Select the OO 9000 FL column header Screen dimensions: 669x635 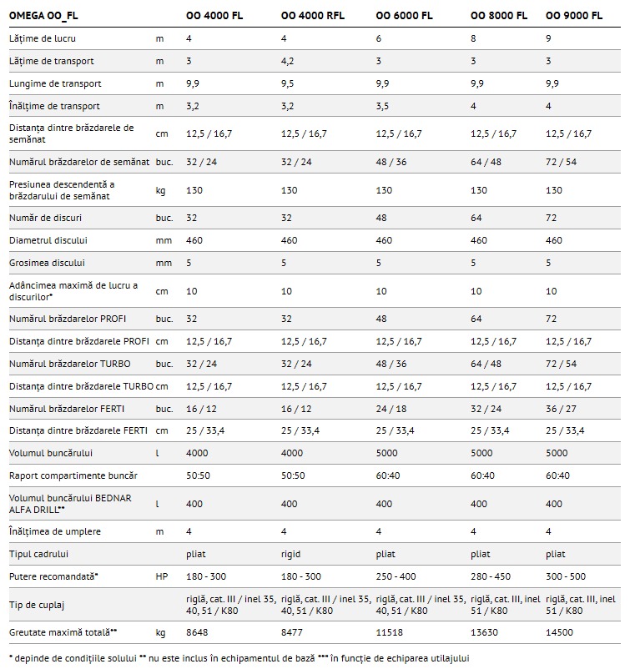coord(572,15)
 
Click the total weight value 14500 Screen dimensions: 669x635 coord(558,632)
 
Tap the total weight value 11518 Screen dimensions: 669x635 coord(389,632)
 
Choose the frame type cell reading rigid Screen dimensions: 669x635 coord(290,554)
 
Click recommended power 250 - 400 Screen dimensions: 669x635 coord(396,576)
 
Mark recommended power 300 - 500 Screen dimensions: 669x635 coord(567,576)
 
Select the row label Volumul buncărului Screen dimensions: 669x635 coord(50,453)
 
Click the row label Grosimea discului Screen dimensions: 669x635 coord(48,263)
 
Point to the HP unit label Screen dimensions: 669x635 coord(161,576)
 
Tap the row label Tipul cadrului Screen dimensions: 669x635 coord(38,554)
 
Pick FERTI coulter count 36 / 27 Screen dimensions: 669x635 coord(559,409)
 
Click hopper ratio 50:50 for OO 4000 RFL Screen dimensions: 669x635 coord(293,475)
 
